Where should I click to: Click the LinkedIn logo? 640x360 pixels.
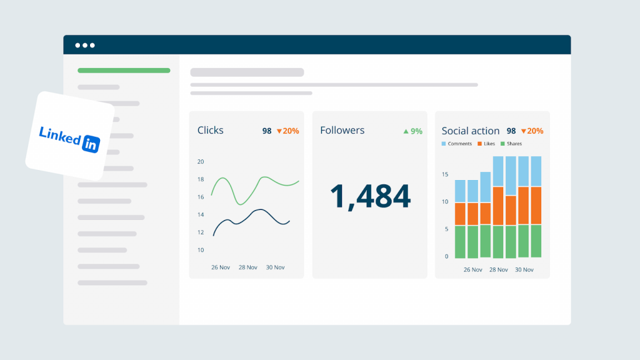[69, 138]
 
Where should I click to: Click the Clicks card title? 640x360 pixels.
[210, 130]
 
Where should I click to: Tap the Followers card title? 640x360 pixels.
[342, 130]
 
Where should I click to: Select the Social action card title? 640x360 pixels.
[470, 131]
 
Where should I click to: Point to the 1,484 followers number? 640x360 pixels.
[370, 196]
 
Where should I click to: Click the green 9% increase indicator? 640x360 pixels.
[412, 131]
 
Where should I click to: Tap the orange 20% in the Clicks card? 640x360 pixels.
[287, 131]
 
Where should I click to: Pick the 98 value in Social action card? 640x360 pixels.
[511, 131]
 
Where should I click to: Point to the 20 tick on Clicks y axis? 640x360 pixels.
[201, 162]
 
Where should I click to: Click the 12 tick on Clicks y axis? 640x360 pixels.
[201, 232]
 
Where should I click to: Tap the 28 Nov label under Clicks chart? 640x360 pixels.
[247, 267]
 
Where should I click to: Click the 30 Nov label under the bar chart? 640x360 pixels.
[524, 270]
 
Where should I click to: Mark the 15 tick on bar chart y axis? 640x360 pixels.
[445, 174]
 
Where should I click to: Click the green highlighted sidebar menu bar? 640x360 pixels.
[124, 71]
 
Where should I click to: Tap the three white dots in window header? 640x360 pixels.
[85, 45]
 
